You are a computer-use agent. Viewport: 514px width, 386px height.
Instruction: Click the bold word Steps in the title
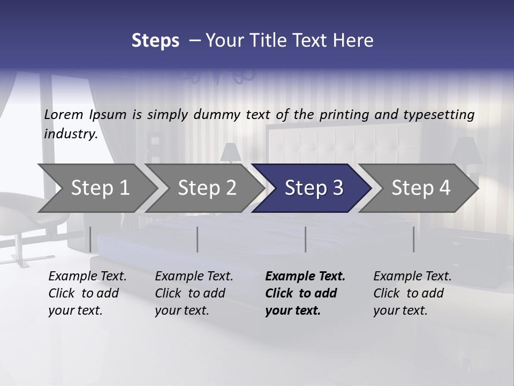[x=155, y=41]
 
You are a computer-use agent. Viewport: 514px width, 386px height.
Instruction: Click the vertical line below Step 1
[x=90, y=239]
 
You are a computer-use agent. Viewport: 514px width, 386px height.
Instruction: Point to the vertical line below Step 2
[x=198, y=239]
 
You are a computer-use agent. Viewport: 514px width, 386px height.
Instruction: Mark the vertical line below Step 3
[x=305, y=239]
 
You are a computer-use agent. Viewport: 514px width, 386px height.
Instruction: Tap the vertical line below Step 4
[x=413, y=239]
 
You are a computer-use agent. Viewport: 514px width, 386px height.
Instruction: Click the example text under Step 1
[x=87, y=293]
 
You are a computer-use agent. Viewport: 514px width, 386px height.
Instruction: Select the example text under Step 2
[x=194, y=293]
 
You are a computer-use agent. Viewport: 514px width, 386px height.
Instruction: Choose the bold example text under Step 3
[x=305, y=293]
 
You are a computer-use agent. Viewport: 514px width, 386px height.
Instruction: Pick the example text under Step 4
[x=412, y=293]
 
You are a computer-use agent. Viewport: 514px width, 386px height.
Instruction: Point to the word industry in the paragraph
[x=71, y=133]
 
